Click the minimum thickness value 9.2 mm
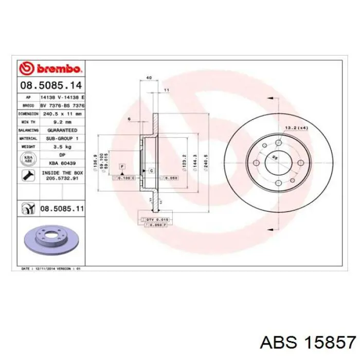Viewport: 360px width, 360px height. [x=61, y=122]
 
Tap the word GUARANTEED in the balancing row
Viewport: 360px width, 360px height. [x=61, y=131]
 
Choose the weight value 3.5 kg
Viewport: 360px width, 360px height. [x=61, y=147]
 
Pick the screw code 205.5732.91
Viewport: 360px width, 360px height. [x=61, y=179]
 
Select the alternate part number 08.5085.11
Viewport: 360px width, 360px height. [x=61, y=209]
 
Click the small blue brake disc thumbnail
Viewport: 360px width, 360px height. [x=50, y=239]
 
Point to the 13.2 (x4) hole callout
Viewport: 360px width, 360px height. [x=296, y=127]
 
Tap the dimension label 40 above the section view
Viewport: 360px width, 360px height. [x=149, y=78]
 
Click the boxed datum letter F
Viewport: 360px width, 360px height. [x=122, y=167]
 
